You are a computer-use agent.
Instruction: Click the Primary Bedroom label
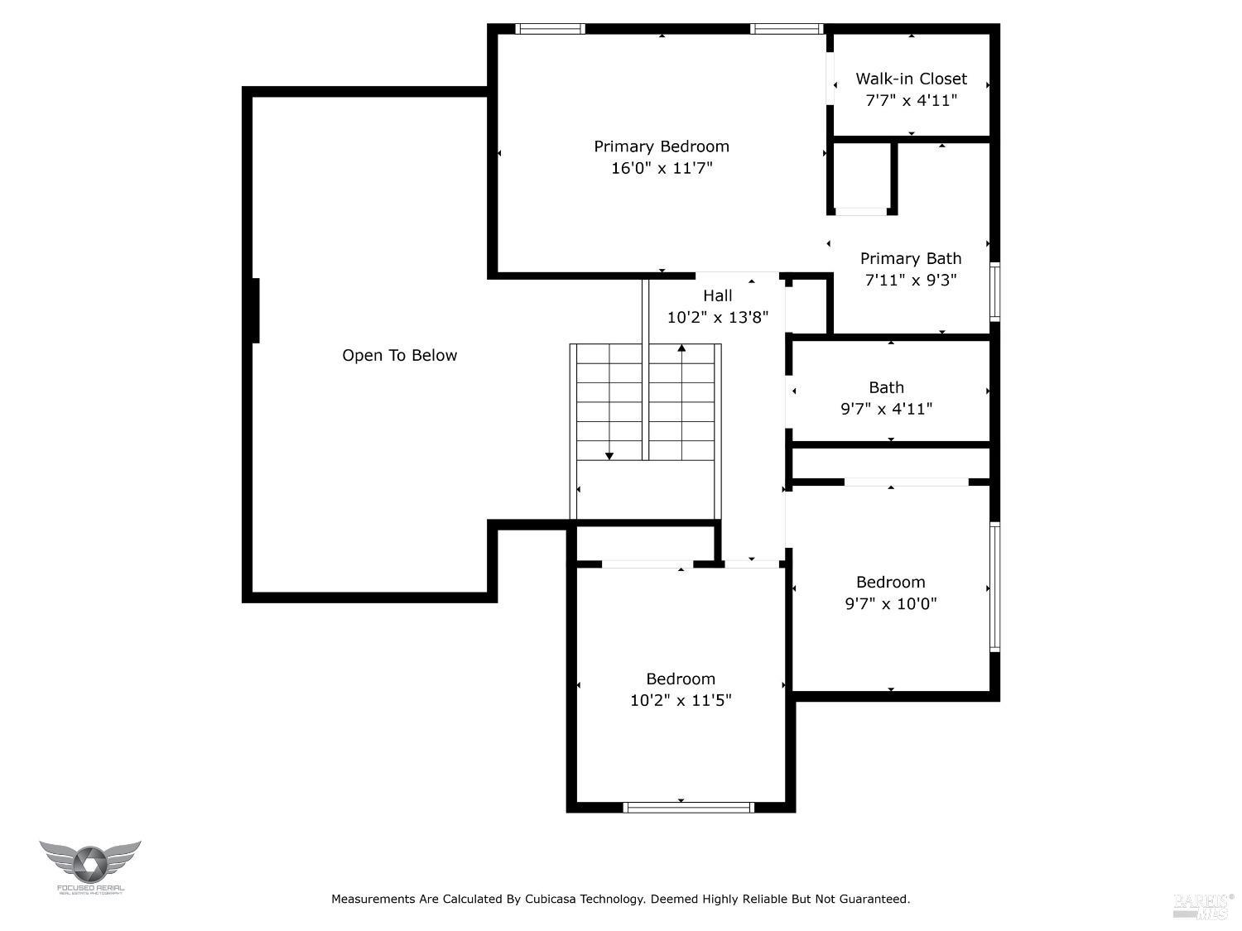click(x=661, y=146)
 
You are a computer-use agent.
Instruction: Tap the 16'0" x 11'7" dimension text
click(x=661, y=168)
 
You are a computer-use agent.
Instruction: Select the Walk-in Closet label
click(x=911, y=79)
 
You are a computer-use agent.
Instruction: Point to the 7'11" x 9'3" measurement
click(x=911, y=280)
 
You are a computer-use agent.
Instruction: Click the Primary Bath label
click(x=911, y=258)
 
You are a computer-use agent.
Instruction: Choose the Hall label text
click(x=718, y=295)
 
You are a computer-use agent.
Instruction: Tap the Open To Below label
click(x=399, y=355)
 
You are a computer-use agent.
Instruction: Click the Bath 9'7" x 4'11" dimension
click(x=886, y=409)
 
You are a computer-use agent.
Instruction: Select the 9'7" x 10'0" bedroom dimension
click(x=890, y=603)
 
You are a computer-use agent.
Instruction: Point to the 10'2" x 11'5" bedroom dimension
click(x=681, y=700)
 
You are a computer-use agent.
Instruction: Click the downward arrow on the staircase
click(x=609, y=454)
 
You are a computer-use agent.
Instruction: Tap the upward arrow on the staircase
click(x=681, y=348)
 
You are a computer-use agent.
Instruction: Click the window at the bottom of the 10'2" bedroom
click(x=688, y=807)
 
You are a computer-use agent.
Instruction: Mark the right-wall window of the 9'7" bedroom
click(x=995, y=587)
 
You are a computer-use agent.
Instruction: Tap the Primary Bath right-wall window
click(x=995, y=291)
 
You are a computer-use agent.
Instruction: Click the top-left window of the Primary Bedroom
click(x=550, y=29)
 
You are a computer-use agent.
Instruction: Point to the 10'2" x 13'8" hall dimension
click(x=718, y=317)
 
